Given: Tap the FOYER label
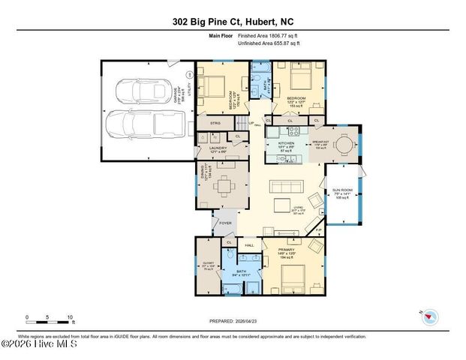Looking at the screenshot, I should click(x=226, y=223).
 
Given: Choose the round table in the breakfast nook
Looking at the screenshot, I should click(x=343, y=144).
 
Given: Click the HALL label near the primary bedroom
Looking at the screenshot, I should click(x=248, y=245).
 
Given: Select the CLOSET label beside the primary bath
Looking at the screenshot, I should click(x=208, y=263).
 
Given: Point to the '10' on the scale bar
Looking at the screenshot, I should click(x=69, y=316).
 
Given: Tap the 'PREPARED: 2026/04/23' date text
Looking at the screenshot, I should click(x=233, y=321).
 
